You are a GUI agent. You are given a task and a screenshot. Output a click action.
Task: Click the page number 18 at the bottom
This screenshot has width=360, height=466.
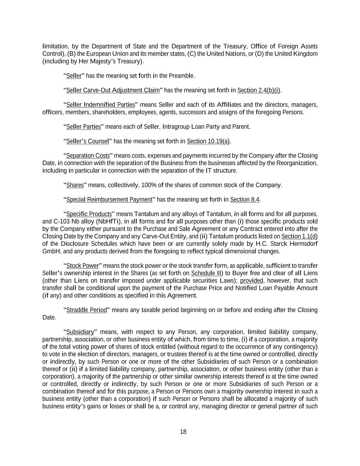[183, 432]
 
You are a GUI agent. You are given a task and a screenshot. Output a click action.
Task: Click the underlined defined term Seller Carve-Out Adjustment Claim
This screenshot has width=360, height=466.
[113, 90]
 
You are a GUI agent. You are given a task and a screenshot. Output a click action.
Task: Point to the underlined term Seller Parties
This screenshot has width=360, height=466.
[84, 127]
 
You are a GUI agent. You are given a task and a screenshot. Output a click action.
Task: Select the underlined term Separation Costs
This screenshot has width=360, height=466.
[88, 156]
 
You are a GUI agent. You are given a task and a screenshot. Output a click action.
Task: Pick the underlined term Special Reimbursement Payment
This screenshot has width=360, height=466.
[109, 199]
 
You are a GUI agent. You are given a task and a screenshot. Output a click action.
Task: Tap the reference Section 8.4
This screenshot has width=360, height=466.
[245, 199]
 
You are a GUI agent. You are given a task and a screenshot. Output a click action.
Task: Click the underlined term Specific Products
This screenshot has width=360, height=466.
[89, 214]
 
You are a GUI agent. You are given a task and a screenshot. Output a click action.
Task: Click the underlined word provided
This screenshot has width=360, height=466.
[251, 281]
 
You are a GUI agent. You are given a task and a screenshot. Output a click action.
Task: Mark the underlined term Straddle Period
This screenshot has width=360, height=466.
[86, 310]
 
